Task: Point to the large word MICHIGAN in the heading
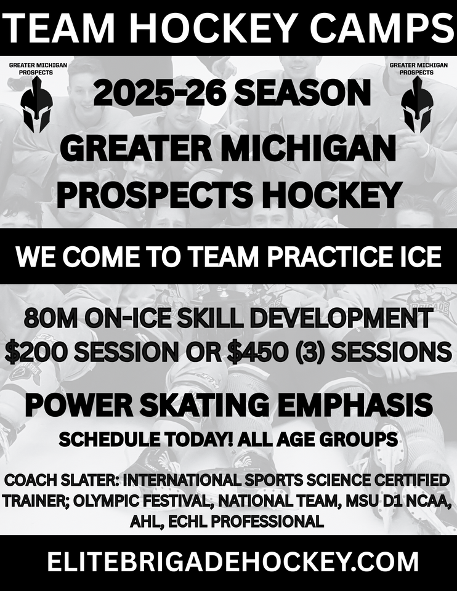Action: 310,148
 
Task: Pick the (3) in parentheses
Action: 302,352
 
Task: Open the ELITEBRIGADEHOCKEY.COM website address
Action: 233,562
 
